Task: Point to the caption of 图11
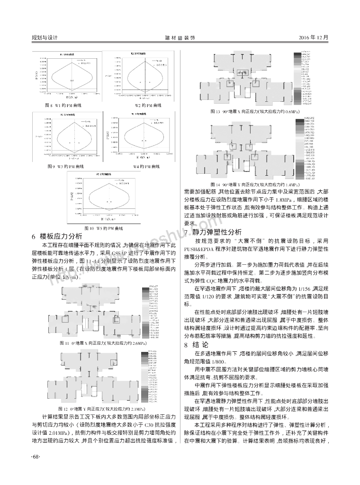pyautogui.click(x=102, y=342)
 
